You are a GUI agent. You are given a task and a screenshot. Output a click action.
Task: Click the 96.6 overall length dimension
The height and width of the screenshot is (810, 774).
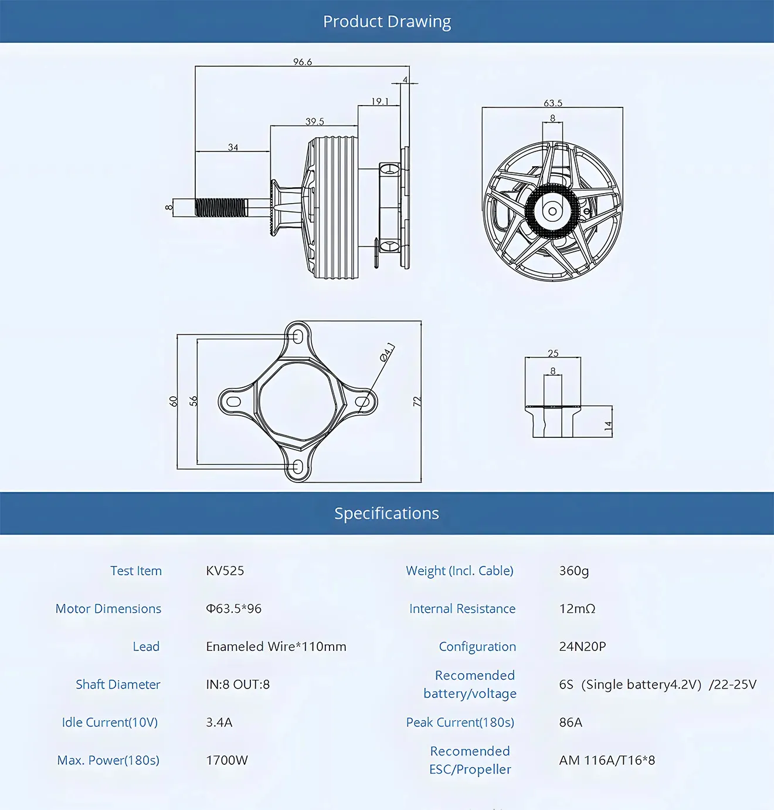[303, 62]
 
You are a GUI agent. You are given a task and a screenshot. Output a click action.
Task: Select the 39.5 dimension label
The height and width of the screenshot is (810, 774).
[314, 122]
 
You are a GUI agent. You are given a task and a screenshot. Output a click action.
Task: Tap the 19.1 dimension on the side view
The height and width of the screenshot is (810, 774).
[379, 102]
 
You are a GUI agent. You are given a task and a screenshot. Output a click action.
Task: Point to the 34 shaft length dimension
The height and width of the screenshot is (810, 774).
[233, 147]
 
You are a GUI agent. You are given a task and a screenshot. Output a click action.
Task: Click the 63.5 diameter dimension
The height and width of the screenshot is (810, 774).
[552, 103]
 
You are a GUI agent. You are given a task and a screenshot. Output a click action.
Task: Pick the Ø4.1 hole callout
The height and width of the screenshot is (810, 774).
[387, 352]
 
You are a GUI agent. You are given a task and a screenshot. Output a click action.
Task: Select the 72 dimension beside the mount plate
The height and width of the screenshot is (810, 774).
[417, 401]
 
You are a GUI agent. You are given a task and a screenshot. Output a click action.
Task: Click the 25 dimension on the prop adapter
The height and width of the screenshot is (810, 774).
[553, 353]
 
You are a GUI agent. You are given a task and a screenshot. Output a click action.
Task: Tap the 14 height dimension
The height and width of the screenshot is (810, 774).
[608, 426]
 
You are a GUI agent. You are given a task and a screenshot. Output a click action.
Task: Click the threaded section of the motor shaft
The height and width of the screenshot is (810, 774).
[220, 207]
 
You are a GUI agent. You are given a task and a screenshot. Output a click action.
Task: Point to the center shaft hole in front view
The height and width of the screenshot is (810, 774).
[552, 211]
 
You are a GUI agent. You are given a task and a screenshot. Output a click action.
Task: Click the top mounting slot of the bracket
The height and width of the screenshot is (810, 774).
[298, 337]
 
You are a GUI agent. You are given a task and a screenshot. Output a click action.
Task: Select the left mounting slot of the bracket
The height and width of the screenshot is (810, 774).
[233, 402]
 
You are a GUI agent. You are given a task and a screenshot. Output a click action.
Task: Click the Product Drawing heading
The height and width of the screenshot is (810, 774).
[387, 22]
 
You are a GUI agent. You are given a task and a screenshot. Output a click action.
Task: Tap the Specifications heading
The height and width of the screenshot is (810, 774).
[386, 514]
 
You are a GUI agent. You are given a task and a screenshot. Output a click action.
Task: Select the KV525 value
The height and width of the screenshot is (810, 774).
[225, 571]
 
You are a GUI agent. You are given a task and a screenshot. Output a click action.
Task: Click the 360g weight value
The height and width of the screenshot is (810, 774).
[573, 571]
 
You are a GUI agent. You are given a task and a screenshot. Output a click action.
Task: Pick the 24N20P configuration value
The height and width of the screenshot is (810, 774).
[582, 646]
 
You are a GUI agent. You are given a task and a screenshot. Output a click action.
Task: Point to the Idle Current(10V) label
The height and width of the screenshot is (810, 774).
[110, 722]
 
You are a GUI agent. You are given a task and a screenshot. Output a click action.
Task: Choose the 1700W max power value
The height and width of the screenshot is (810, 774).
[227, 760]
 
